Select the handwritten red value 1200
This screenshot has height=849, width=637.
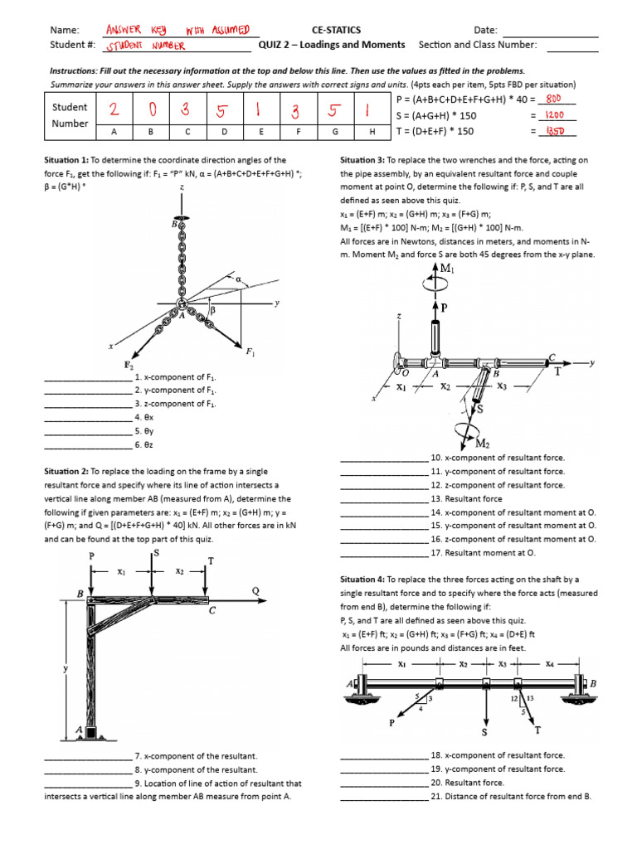[x=555, y=115]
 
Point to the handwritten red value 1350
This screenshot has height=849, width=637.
[x=555, y=131]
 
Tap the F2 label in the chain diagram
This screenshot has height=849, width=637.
[x=129, y=365]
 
